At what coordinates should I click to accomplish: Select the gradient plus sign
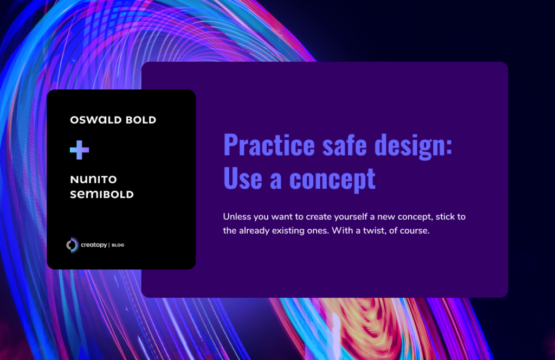click(x=79, y=150)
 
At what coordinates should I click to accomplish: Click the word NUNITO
click(x=93, y=179)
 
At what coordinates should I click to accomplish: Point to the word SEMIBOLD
click(x=102, y=194)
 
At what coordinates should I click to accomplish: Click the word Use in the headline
click(x=242, y=178)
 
